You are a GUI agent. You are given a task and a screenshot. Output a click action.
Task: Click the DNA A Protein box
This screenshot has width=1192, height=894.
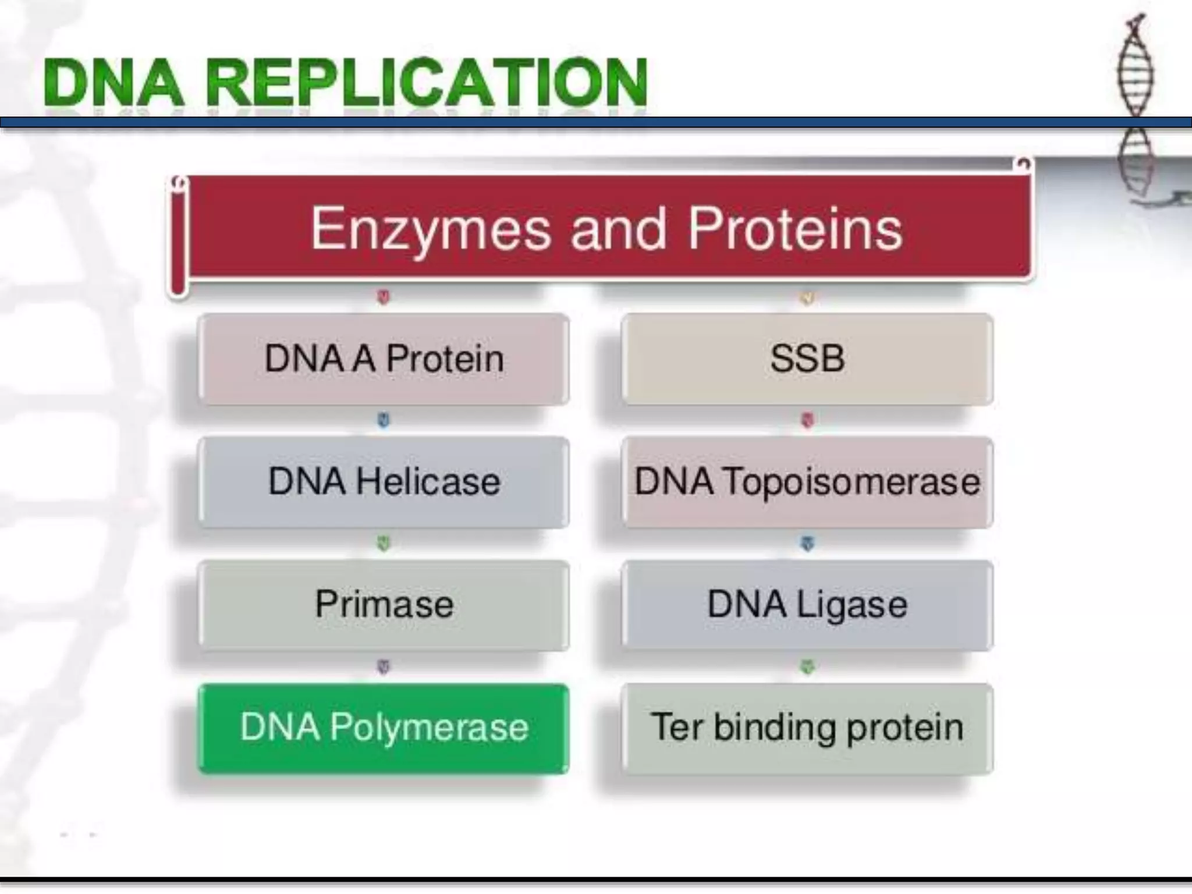pos(384,359)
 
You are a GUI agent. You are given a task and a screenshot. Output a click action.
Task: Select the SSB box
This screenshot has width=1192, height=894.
pos(807,359)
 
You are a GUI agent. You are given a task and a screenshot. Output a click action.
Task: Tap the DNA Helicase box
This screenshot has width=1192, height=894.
pos(384,482)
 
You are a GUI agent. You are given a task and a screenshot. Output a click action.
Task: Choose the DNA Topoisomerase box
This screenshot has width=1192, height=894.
pos(807,482)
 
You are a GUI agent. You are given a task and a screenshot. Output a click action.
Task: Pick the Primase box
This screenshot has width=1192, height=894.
pos(384,605)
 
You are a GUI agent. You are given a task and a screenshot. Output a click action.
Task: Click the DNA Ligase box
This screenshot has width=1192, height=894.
pos(807,605)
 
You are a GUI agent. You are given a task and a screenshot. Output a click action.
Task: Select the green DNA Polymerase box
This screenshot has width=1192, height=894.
pos(384,728)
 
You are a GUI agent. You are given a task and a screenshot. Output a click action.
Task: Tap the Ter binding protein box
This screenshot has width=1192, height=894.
pos(807,728)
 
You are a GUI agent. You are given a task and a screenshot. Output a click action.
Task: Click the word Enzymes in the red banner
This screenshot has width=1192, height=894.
pos(430,229)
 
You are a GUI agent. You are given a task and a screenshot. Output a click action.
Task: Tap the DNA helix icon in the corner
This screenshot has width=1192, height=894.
pos(1135,99)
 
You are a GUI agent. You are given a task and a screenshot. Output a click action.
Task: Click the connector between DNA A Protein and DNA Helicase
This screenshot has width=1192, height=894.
pos(383,420)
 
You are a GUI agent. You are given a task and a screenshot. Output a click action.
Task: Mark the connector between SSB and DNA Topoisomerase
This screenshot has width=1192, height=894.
pos(807,420)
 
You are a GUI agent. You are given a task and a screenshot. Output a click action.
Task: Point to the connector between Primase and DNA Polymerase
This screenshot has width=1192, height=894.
pos(383,666)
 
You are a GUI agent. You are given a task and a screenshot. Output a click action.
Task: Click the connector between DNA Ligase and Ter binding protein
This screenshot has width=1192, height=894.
pos(807,666)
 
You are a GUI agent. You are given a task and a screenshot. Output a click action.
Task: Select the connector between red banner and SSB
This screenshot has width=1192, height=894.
pos(807,298)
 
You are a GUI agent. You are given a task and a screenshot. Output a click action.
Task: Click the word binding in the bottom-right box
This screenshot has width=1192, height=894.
pos(775,728)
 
